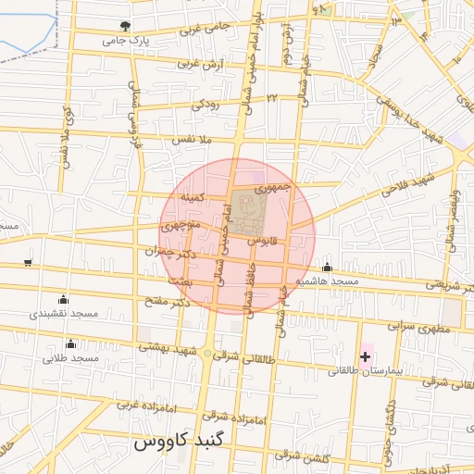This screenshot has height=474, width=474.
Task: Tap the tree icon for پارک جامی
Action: pyautogui.click(x=125, y=26)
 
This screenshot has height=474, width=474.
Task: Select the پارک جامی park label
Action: pyautogui.click(x=124, y=42)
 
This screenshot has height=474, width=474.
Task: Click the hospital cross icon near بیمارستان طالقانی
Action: pyautogui.click(x=366, y=356)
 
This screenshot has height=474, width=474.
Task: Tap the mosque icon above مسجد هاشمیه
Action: pyautogui.click(x=327, y=267)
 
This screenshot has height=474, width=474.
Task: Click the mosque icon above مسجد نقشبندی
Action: pyautogui.click(x=62, y=299)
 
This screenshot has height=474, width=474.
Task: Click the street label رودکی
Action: pyautogui.click(x=206, y=106)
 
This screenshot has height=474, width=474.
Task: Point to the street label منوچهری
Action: pyautogui.click(x=176, y=224)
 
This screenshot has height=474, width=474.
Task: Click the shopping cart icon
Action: pyautogui.click(x=28, y=263)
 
